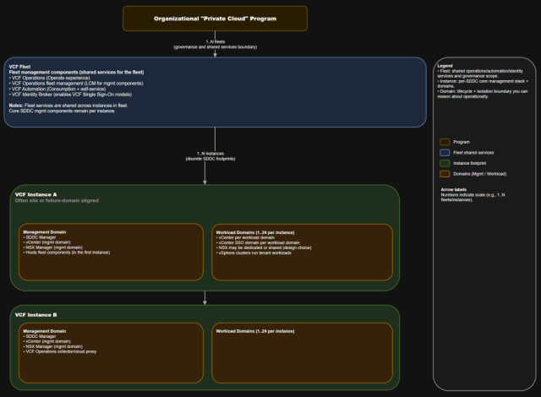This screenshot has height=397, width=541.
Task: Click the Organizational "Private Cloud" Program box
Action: [x=215, y=18]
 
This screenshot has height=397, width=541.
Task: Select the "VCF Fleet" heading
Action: [x=20, y=66]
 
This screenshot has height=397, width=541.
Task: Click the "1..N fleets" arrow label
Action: [x=215, y=41]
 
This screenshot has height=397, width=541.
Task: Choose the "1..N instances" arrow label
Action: [x=215, y=155]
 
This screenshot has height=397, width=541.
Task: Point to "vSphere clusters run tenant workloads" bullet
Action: [x=254, y=253]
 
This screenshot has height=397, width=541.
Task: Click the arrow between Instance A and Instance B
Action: [x=205, y=297]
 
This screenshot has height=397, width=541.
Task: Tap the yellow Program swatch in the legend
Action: [x=445, y=142]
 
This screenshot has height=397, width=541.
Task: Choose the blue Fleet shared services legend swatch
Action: [x=445, y=152]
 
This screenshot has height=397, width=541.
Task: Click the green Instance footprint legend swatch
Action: [x=445, y=162]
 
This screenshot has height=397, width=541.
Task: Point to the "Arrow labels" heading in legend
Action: [x=454, y=191]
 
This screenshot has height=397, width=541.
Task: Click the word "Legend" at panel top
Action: [x=445, y=65]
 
